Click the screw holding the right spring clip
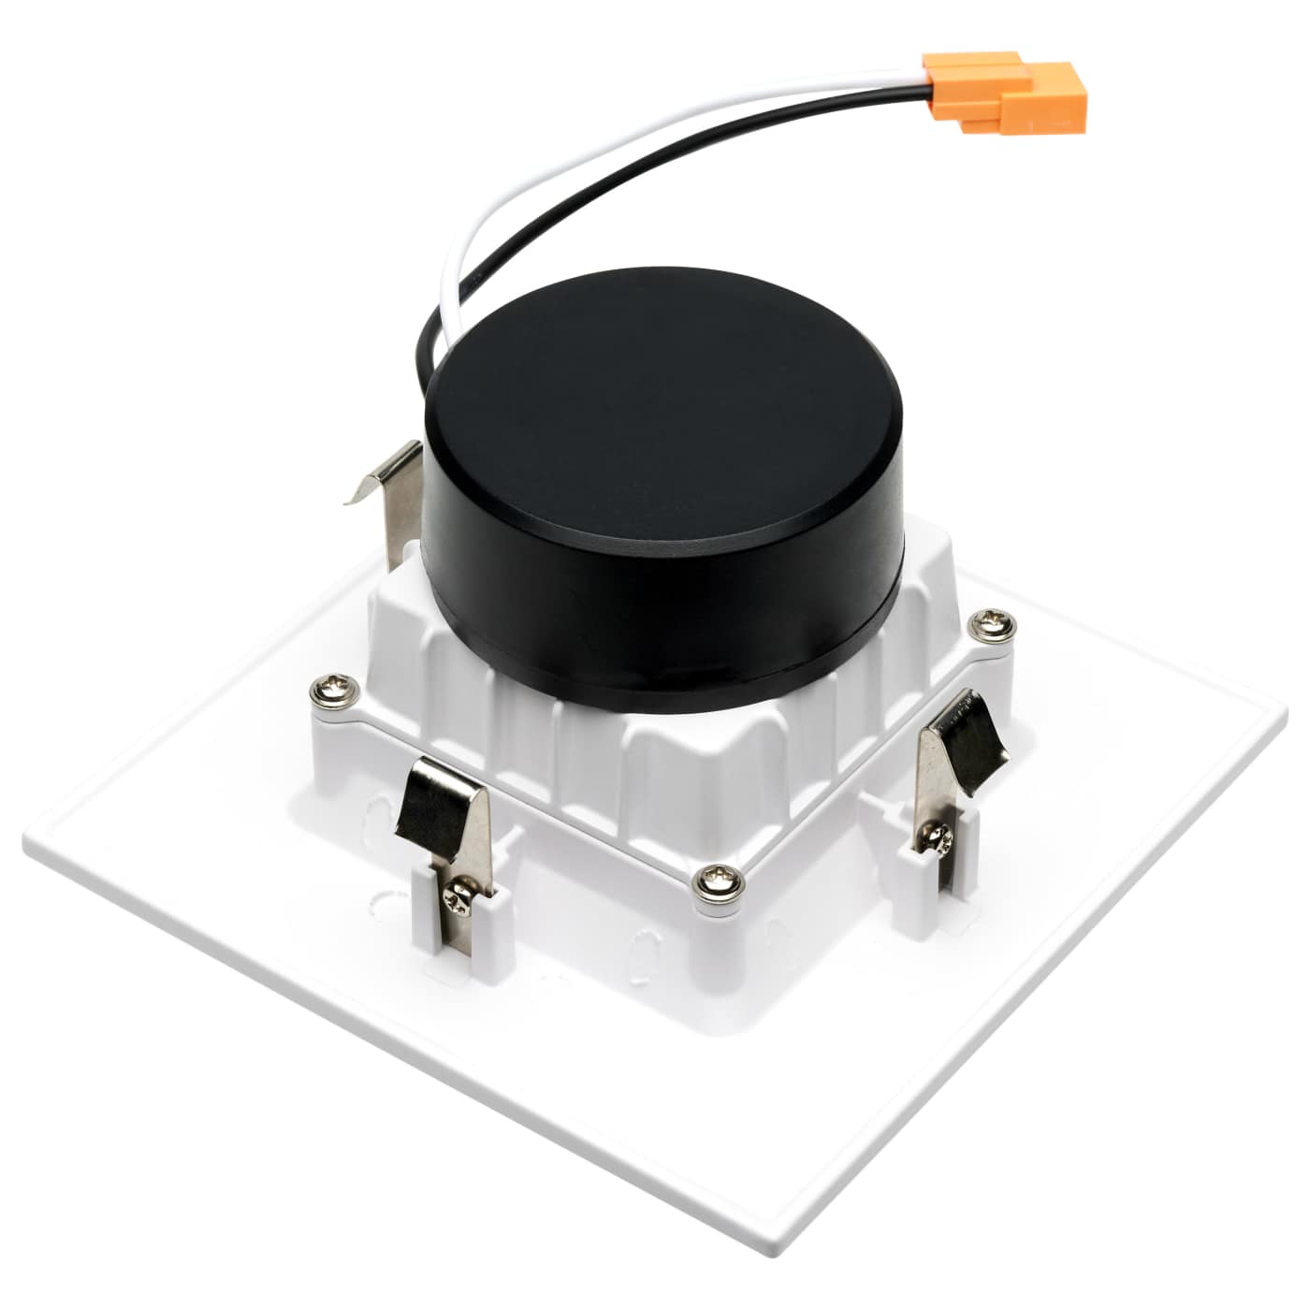[938, 836]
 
